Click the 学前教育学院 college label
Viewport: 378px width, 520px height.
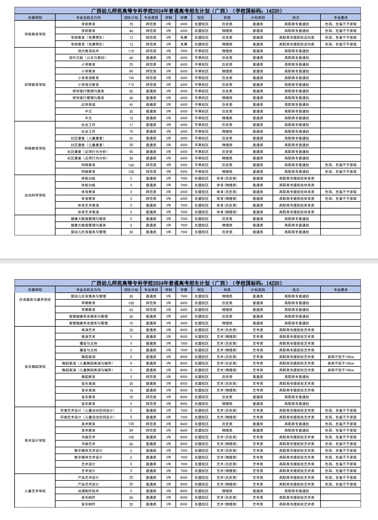35,34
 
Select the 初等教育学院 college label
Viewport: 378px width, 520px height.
35,85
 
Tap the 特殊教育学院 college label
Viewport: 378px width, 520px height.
35,148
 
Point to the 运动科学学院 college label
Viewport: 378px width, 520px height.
35,195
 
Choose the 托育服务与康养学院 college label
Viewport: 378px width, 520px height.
35,300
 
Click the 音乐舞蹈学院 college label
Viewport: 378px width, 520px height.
35,367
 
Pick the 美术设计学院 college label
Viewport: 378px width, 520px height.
35,441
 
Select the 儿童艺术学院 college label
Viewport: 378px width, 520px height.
35,491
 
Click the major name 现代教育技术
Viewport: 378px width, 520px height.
88,51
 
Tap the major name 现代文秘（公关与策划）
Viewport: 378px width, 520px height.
88,58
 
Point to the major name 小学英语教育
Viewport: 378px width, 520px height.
88,78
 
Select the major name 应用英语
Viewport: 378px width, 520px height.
88,105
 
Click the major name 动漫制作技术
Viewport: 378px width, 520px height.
88,491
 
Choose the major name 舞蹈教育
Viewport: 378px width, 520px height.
88,377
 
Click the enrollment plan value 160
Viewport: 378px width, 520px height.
131,165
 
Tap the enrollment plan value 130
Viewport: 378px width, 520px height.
131,78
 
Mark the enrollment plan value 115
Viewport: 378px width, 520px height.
131,85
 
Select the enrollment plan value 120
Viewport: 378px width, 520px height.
131,424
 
